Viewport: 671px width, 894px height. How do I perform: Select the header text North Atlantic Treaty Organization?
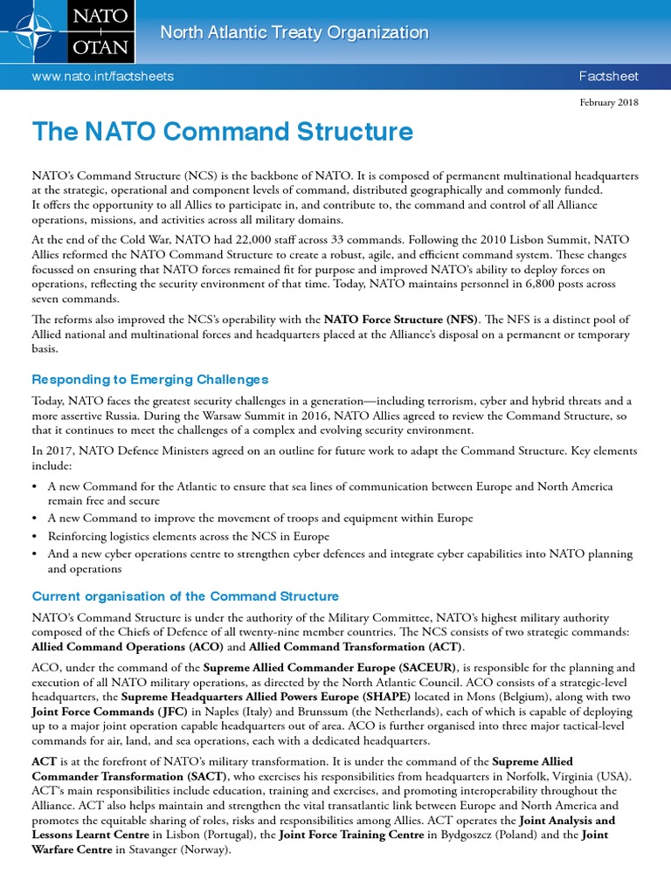tap(294, 33)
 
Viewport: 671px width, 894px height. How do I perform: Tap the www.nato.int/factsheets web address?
tap(102, 76)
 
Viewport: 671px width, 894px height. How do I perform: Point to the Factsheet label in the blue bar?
tap(608, 76)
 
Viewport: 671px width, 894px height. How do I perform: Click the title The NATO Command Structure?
tap(222, 133)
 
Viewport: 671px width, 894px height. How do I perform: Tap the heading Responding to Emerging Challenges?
tap(150, 379)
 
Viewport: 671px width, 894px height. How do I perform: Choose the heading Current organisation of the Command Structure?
tap(185, 596)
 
